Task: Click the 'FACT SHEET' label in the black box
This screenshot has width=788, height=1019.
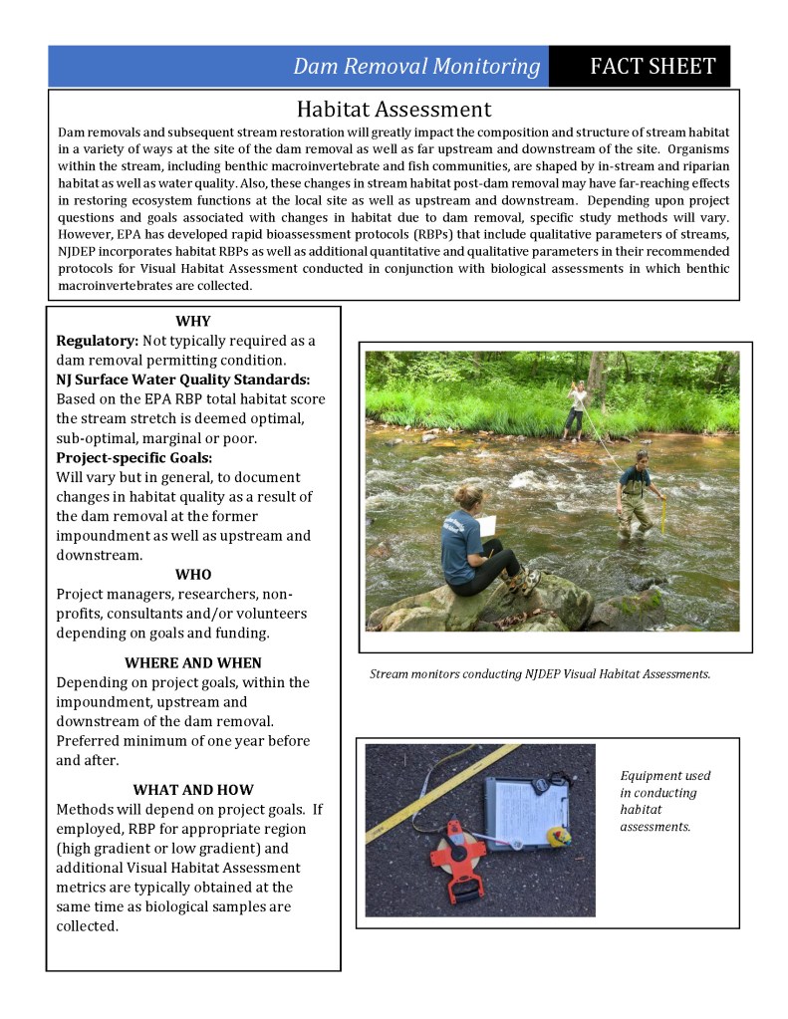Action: coord(653,67)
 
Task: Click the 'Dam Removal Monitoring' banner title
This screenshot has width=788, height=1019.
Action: coord(416,67)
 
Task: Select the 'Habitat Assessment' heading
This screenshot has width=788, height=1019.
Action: coord(394,109)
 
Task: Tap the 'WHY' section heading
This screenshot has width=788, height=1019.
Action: coord(192,321)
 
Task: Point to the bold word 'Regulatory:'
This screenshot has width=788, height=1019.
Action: coord(98,341)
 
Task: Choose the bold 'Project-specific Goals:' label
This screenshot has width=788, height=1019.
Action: coord(134,457)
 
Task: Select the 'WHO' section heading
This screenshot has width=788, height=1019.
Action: coord(192,575)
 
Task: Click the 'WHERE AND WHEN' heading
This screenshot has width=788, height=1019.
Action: coord(192,662)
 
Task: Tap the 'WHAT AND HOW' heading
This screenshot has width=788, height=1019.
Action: coord(192,790)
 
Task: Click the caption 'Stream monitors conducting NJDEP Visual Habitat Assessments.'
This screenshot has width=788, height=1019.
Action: coord(540,674)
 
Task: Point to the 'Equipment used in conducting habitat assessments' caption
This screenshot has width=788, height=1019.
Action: coord(664,801)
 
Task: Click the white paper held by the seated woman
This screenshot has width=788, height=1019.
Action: coord(487,525)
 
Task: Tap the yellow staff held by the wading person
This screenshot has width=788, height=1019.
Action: coord(662,514)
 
